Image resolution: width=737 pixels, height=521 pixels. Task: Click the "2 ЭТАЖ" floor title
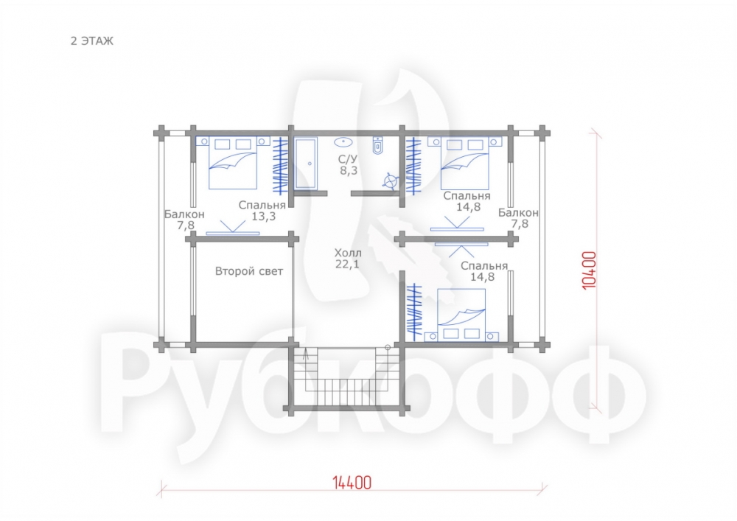(x=92, y=41)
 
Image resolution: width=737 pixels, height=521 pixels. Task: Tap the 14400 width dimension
(x=352, y=483)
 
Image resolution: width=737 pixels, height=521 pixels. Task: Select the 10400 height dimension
(x=589, y=270)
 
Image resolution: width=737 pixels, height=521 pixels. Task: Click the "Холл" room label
(x=348, y=252)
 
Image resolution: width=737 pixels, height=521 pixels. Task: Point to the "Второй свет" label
(x=249, y=271)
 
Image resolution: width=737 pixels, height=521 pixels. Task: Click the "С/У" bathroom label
(x=348, y=159)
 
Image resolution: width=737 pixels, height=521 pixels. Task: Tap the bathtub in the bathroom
(x=306, y=163)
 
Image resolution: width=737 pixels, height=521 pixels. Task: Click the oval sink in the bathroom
(x=344, y=141)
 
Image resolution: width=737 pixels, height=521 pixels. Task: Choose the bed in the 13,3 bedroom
(x=233, y=163)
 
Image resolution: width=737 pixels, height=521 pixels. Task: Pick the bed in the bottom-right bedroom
(x=461, y=314)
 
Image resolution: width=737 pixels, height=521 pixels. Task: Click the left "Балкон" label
(x=184, y=214)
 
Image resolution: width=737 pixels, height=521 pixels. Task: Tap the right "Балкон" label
(x=518, y=212)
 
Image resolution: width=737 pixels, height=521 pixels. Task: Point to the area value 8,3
(x=349, y=170)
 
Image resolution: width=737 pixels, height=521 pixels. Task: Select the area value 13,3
(x=263, y=217)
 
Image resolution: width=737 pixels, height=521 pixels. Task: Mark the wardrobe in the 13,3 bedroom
(x=281, y=165)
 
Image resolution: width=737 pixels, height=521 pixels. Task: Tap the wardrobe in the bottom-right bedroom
(x=414, y=311)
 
